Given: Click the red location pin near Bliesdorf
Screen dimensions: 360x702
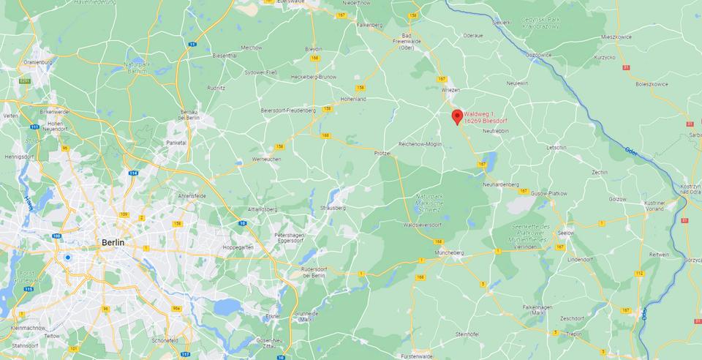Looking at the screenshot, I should [x=457, y=116].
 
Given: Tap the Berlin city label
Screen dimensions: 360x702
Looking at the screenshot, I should [x=113, y=241].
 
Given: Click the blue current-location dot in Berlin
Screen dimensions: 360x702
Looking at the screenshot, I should [x=67, y=257].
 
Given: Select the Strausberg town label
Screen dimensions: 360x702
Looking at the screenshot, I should [x=333, y=208].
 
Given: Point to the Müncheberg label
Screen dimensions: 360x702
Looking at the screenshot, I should [x=449, y=252].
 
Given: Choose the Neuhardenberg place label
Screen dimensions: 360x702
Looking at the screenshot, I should [x=501, y=184].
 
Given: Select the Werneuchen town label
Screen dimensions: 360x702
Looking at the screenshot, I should [x=266, y=159].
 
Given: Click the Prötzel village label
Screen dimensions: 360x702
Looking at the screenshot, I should [x=383, y=154].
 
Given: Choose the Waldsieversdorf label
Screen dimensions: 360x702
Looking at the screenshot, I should [x=423, y=225].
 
